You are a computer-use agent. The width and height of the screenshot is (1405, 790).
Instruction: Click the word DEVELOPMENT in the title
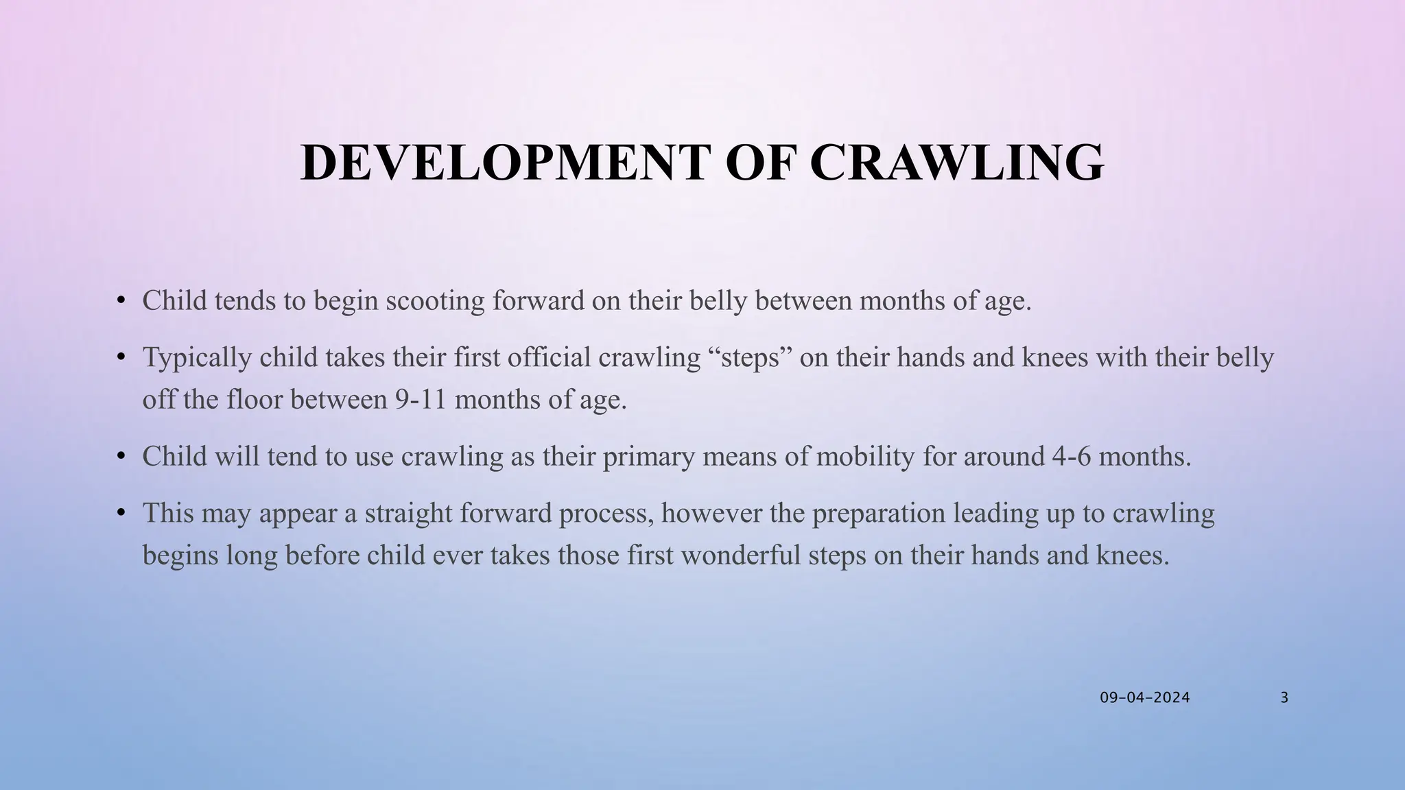pyautogui.click(x=504, y=163)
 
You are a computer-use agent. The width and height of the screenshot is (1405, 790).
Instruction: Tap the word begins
pyautogui.click(x=180, y=555)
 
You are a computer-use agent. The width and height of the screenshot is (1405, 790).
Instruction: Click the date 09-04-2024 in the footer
pyautogui.click(x=1145, y=698)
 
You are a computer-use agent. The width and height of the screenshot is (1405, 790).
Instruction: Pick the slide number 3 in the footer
pyautogui.click(x=1284, y=698)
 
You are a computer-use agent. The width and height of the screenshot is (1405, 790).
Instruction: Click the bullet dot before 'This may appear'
pyautogui.click(x=121, y=512)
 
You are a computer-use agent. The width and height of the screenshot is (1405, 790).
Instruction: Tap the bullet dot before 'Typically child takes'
pyautogui.click(x=121, y=357)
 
